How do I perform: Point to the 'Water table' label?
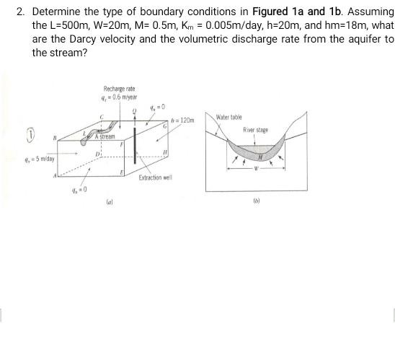[x=229, y=117]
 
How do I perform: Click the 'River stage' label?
[x=255, y=131]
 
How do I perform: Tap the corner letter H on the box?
[x=166, y=152]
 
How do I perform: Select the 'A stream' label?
[x=105, y=136]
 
